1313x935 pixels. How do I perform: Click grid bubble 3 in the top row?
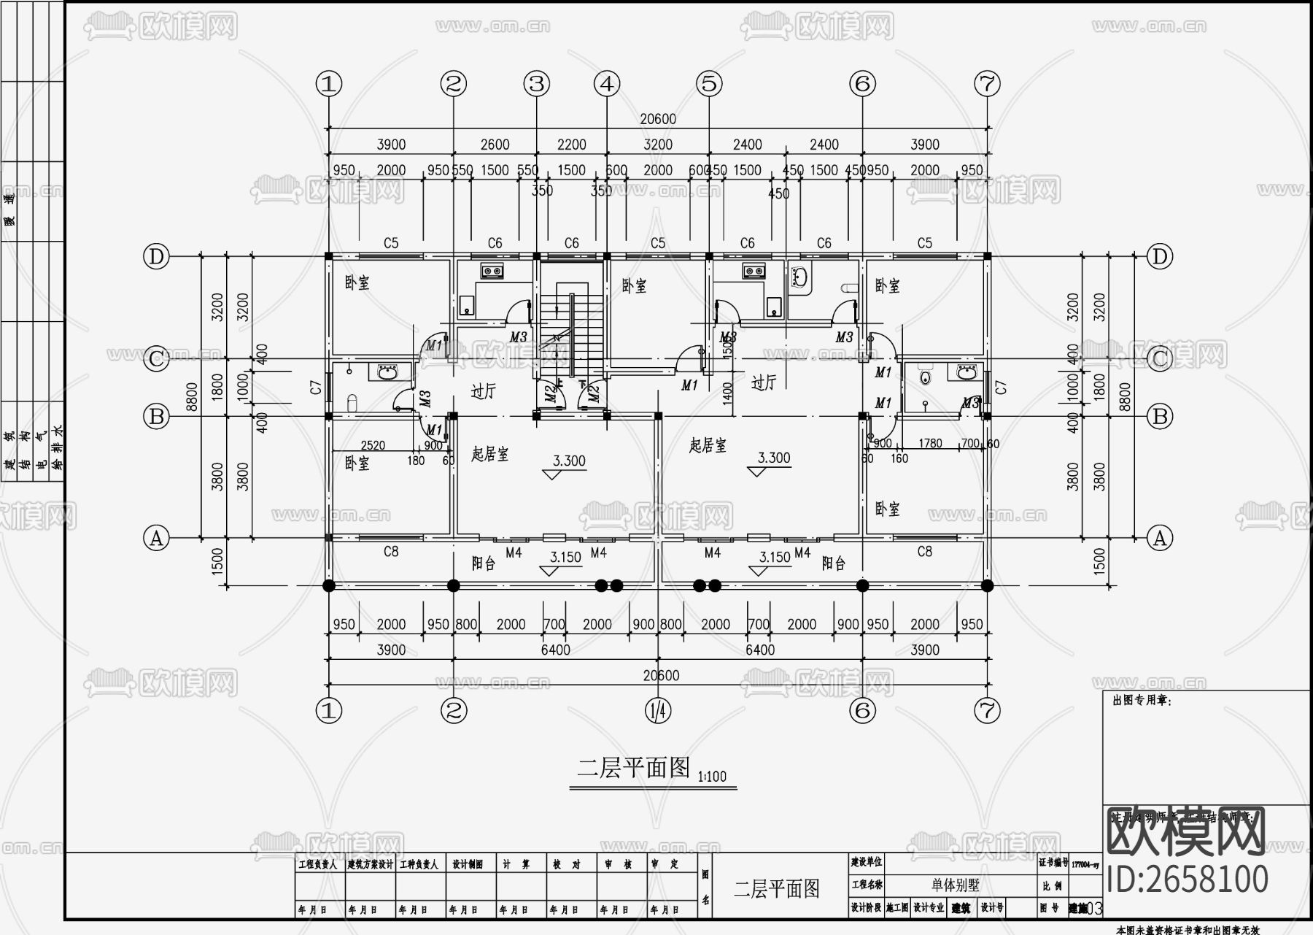coord(538,84)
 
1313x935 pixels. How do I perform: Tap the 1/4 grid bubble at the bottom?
coord(658,709)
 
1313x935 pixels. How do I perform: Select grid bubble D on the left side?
coord(156,257)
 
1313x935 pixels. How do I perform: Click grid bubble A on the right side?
coord(1159,539)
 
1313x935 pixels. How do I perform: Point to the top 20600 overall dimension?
coord(658,119)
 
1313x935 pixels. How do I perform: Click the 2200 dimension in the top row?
coord(571,145)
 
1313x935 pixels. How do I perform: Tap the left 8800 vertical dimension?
coord(192,398)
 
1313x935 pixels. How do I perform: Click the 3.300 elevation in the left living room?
coord(569,461)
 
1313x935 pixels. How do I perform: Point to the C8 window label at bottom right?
coord(924,552)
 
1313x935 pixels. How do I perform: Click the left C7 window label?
coord(316,388)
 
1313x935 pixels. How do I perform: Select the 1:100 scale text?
coord(712,777)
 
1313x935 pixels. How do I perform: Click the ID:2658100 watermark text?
coord(1188,880)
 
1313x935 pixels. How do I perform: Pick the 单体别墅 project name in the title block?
coord(955,885)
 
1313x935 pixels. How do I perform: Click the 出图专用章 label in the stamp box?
coord(1142,701)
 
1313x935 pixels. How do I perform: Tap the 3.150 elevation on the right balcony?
coord(775,557)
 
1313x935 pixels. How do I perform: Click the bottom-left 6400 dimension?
coord(555,650)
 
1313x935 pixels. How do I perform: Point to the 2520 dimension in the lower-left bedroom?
coord(373,445)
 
